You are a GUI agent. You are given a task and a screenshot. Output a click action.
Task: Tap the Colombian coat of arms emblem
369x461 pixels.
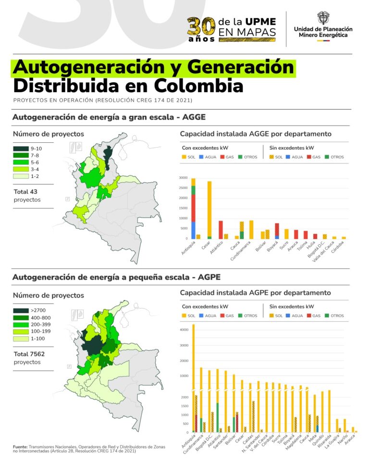pyautogui.click(x=323, y=18)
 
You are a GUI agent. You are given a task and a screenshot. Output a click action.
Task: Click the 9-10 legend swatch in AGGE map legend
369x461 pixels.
pyautogui.click(x=20, y=149)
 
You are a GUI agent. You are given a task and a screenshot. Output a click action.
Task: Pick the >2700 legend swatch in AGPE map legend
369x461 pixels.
pyautogui.click(x=20, y=311)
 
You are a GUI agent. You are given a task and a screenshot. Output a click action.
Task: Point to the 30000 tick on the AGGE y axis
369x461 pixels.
pyautogui.click(x=183, y=178)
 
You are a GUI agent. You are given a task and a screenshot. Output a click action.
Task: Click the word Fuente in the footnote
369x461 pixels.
pyautogui.click(x=20, y=447)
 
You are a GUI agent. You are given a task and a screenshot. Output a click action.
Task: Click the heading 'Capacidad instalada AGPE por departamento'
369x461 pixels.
pyautogui.click(x=255, y=293)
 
